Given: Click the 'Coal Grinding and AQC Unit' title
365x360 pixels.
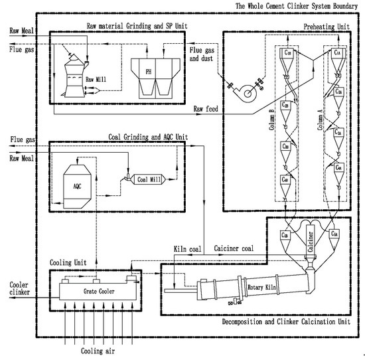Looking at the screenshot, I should [x=147, y=137].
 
